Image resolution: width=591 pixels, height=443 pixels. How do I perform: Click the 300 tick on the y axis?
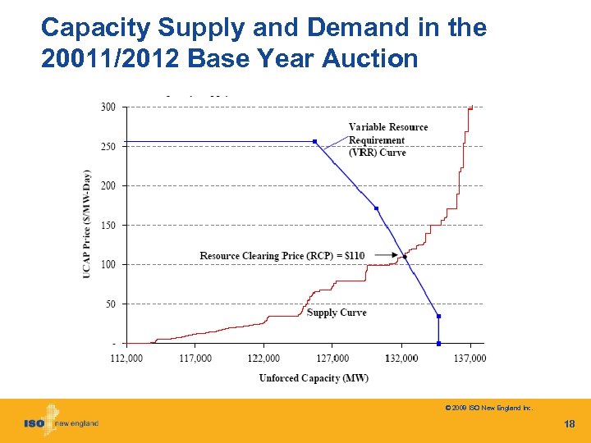pos(108,107)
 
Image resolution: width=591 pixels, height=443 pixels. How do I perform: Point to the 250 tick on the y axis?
pos(108,146)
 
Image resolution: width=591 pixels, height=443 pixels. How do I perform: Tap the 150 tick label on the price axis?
pos(108,225)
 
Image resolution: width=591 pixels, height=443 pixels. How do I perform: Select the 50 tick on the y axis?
pos(111,304)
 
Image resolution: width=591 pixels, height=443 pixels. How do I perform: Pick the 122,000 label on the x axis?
pos(263,358)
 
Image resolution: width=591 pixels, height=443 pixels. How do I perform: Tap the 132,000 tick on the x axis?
pos(401,358)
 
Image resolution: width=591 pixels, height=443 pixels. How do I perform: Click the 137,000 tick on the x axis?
pos(470,358)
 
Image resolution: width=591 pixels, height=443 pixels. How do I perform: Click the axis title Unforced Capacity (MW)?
pos(314,378)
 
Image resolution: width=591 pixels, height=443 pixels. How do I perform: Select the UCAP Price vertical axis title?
pos(87,223)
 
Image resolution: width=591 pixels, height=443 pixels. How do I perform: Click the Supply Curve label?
pos(337,313)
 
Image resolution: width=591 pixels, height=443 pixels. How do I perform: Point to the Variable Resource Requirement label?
pos(388,139)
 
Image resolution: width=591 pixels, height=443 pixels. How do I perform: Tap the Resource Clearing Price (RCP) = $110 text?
pos(282,256)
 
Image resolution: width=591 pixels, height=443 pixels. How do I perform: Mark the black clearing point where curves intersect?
pos(405,257)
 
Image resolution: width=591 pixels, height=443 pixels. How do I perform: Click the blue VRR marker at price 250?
pos(314,141)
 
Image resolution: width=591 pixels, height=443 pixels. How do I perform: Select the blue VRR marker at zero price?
pos(439,343)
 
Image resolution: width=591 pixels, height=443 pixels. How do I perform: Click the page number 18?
pos(570,424)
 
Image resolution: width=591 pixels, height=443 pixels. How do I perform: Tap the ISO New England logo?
pos(61,422)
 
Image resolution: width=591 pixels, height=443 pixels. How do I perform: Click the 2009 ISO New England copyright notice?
pos(488,407)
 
